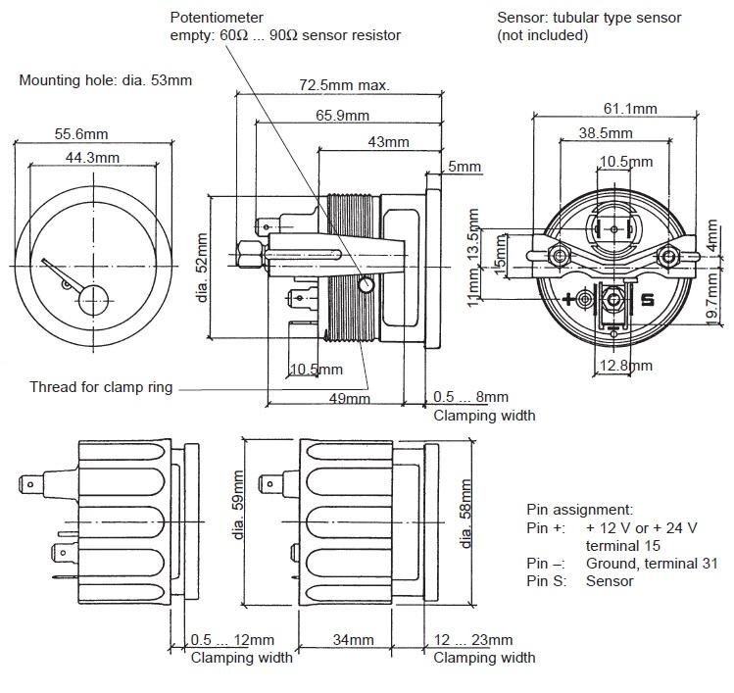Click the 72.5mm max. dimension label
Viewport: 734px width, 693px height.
345,85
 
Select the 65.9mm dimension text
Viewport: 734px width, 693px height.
342,116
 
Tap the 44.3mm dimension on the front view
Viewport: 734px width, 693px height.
92,158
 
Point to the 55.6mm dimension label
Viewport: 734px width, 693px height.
81,134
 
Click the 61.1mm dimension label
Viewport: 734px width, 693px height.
630,109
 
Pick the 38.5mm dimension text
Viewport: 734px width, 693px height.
606,133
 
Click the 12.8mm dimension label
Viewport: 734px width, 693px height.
626,366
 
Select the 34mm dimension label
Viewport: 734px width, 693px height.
353,640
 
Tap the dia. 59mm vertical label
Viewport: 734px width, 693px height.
238,505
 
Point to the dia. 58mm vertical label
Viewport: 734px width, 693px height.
465,514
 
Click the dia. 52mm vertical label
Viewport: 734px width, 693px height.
202,268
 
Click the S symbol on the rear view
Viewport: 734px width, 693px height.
647,300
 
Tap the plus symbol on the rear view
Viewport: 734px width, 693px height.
568,299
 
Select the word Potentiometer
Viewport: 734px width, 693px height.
217,18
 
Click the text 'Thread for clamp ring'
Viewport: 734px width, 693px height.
101,387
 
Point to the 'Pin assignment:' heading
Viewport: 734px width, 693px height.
579,510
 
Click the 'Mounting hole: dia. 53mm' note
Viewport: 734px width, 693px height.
105,80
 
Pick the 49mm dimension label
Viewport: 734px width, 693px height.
349,399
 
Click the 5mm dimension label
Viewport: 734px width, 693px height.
465,167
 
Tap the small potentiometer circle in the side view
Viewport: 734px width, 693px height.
366,284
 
